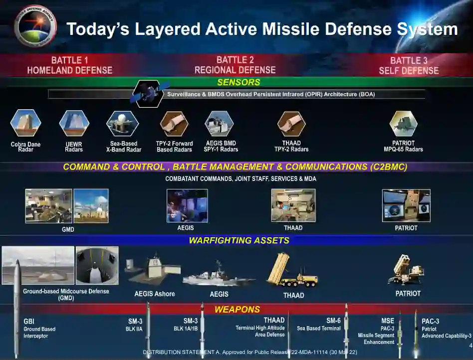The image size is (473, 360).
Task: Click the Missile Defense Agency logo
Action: pos(35,26)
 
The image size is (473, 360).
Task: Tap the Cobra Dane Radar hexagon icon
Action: pos(25,123)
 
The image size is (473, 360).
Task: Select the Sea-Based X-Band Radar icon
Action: pos(122,124)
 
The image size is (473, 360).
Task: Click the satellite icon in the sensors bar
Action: pos(148,93)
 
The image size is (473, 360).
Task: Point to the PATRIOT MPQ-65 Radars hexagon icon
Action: pos(403,124)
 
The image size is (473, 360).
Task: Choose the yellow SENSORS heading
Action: pos(238,82)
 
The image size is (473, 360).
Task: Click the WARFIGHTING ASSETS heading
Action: pos(239,240)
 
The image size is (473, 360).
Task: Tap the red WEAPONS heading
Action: pos(237,309)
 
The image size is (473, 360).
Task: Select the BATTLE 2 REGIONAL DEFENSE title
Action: pos(235,65)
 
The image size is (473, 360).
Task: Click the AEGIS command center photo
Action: pos(187,205)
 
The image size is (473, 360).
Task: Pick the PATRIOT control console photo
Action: pos(406,205)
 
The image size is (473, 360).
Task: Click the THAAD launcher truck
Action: pos(292,270)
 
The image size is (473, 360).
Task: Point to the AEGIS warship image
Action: pos(219,274)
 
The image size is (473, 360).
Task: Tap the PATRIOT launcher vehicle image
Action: pos(407,270)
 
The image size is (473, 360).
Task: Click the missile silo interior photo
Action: pos(97,265)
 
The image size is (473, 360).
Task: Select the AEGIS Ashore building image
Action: pos(153,270)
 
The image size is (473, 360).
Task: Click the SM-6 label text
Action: pos(333,321)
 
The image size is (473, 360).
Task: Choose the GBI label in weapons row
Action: pos(29,321)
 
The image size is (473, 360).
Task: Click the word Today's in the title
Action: pos(98,29)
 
